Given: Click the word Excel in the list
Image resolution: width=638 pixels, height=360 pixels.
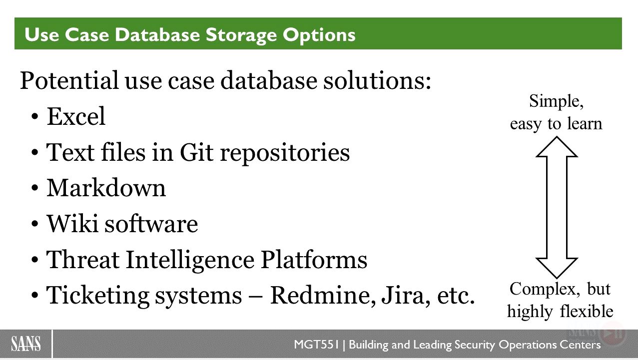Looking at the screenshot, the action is point(76,116).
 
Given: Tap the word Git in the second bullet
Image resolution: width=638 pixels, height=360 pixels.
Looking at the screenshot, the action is point(196,152).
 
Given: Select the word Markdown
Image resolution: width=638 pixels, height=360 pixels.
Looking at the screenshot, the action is point(106,188).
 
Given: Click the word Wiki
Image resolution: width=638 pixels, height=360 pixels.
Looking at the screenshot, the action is point(72,223).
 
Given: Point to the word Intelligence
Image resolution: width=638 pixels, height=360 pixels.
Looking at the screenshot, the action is point(190,260).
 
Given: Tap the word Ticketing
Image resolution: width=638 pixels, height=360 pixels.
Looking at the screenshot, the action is point(98,296).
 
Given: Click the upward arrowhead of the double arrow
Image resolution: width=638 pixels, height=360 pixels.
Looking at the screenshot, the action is point(557,147).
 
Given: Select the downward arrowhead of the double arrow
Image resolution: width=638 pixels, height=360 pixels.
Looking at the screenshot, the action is point(557,268).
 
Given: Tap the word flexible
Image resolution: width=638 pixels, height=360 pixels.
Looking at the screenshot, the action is point(587,311).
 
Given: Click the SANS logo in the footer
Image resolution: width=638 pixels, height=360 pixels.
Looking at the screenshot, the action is point(26,344).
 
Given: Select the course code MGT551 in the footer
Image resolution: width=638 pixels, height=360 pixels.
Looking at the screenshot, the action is point(317,345).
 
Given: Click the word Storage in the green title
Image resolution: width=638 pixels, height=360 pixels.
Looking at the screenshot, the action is point(241,35).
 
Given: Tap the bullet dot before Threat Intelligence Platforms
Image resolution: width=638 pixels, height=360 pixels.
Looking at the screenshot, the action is point(35,260).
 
